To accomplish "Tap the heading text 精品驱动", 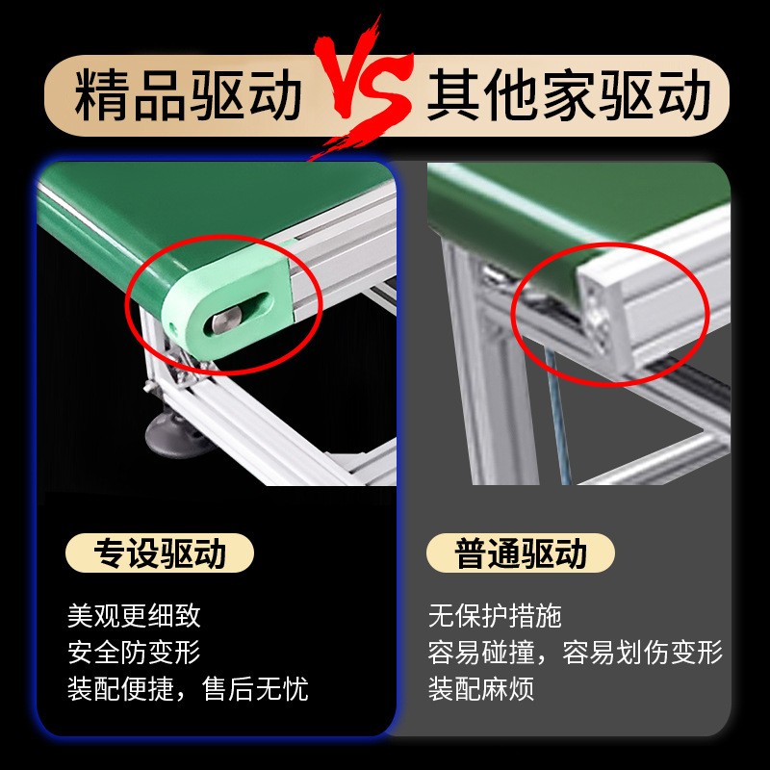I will coord(189,97).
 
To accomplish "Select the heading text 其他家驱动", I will coord(569,97).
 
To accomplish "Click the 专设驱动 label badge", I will coord(160,554).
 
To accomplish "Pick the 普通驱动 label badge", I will coord(521,554).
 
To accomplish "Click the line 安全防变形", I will coord(134,653).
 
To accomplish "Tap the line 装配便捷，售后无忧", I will coord(188,689).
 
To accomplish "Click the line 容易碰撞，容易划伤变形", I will coord(575,653).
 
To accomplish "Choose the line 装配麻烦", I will coord(481,689).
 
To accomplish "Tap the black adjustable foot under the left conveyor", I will coord(179,439).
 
